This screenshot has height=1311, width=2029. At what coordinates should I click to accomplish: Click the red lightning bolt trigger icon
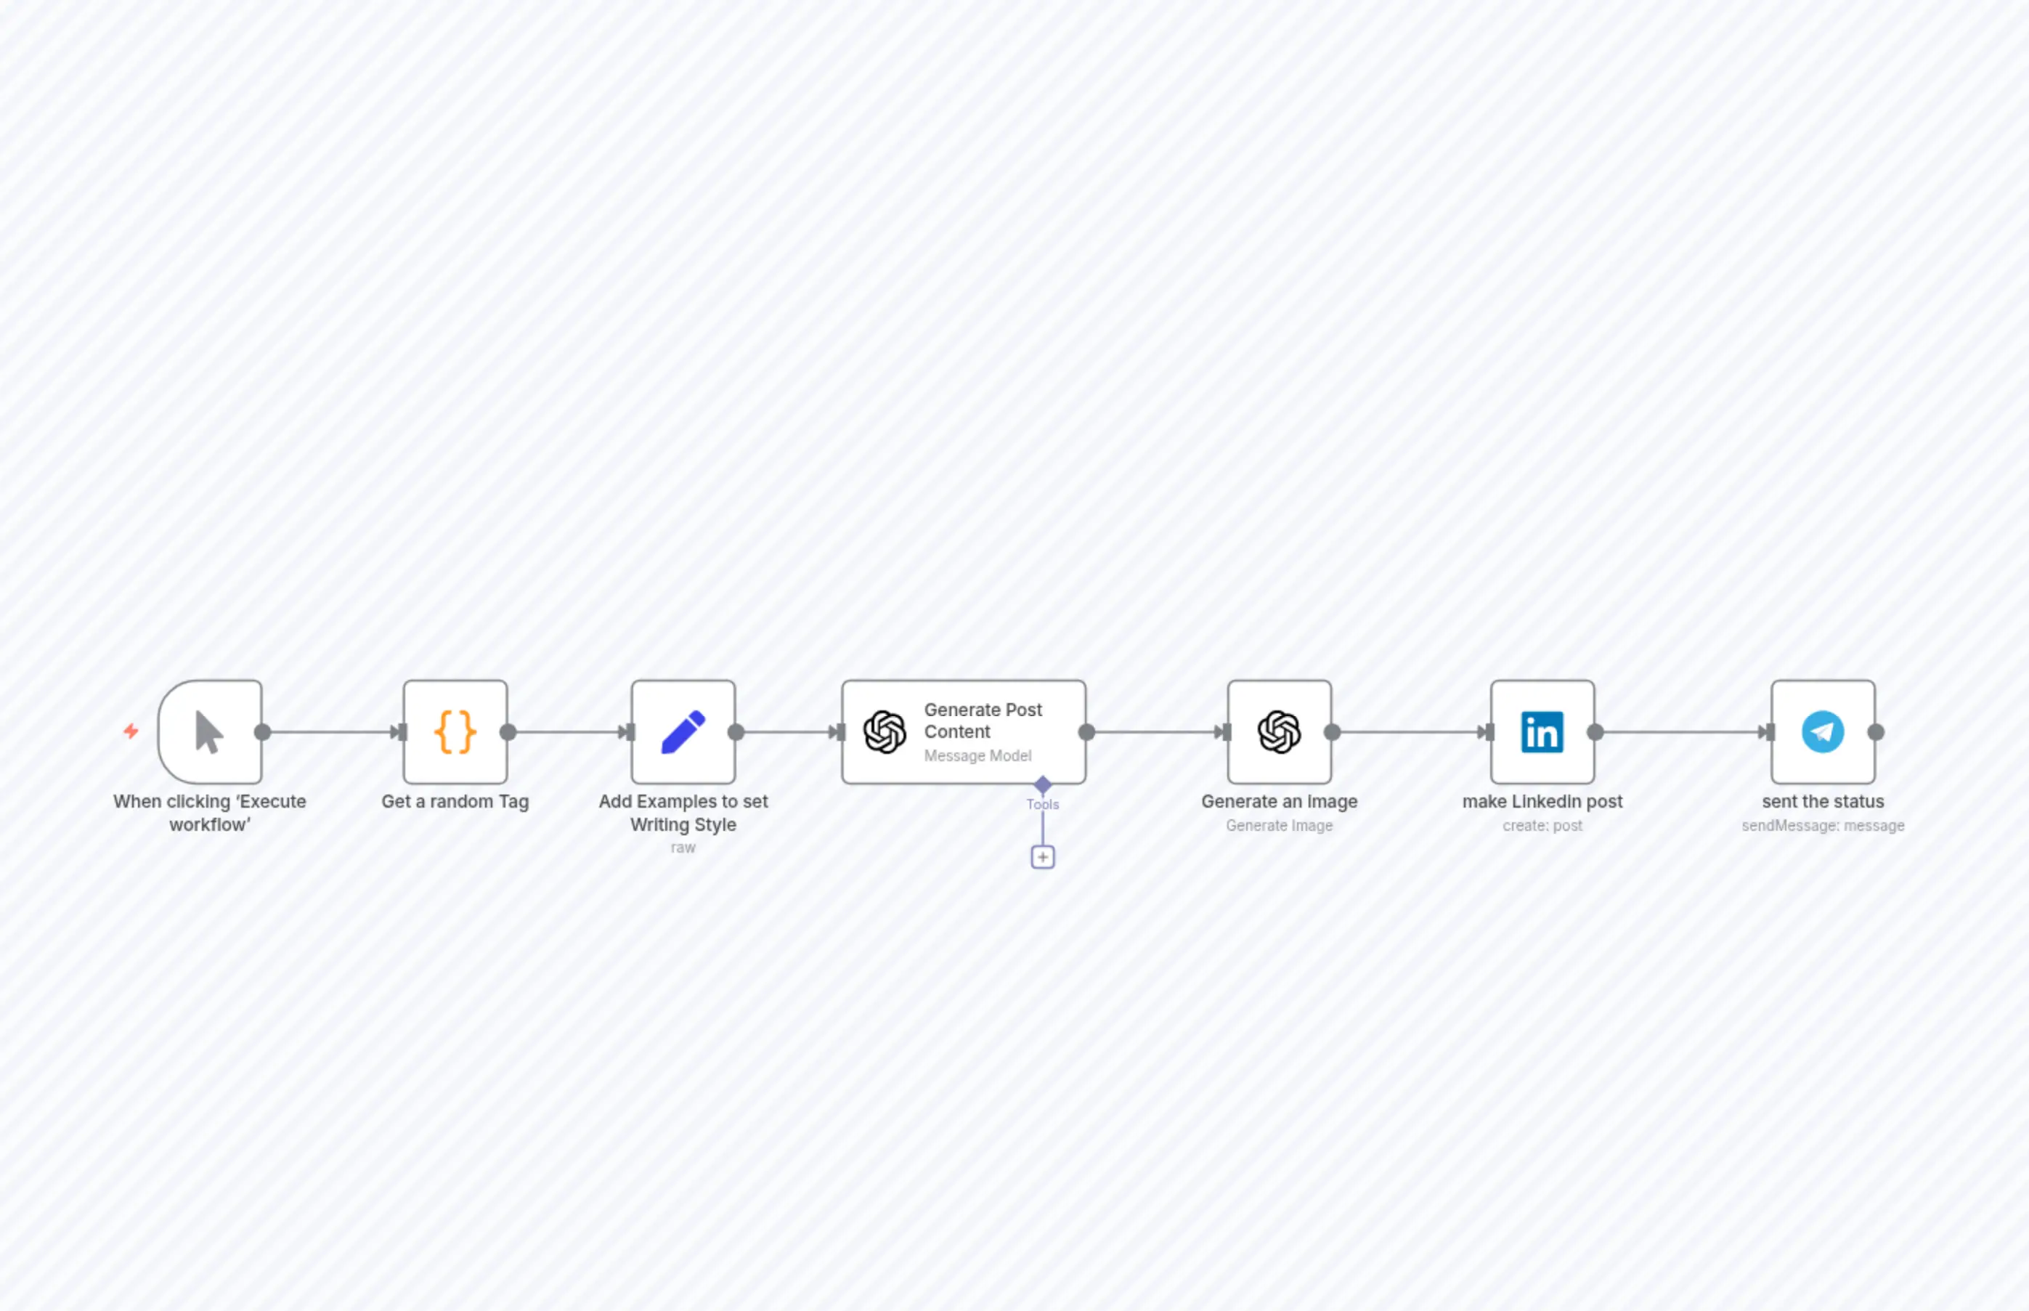pyautogui.click(x=131, y=731)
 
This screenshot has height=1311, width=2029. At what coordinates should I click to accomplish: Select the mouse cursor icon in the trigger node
pyautogui.click(x=208, y=732)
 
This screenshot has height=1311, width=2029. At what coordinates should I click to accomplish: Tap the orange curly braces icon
pyautogui.click(x=455, y=732)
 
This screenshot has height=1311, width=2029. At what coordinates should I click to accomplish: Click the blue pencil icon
pyautogui.click(x=683, y=732)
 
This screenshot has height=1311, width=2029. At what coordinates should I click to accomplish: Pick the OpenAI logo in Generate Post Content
pyautogui.click(x=885, y=732)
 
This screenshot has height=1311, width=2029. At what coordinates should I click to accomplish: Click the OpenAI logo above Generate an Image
pyautogui.click(x=1279, y=732)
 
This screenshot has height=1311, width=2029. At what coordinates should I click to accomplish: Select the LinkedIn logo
pyautogui.click(x=1542, y=732)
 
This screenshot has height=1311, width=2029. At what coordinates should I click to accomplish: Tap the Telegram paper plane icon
pyautogui.click(x=1823, y=732)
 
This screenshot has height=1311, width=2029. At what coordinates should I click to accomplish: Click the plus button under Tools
pyautogui.click(x=1043, y=857)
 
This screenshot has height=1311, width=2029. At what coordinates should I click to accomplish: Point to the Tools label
pyautogui.click(x=1043, y=805)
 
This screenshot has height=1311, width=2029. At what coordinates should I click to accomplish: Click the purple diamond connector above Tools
pyautogui.click(x=1043, y=784)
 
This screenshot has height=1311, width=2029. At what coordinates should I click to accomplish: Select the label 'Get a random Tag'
pyautogui.click(x=455, y=802)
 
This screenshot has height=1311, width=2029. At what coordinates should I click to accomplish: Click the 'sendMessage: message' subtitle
pyautogui.click(x=1823, y=826)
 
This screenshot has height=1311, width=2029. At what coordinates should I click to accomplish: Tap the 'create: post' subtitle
pyautogui.click(x=1542, y=826)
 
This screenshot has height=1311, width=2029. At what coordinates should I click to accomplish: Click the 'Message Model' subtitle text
pyautogui.click(x=978, y=756)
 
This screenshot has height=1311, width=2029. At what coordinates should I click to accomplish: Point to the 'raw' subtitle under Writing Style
pyautogui.click(x=683, y=848)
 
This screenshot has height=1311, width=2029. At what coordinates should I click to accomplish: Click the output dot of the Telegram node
pyautogui.click(x=1876, y=732)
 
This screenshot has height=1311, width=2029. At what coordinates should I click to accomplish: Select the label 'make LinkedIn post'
pyautogui.click(x=1542, y=802)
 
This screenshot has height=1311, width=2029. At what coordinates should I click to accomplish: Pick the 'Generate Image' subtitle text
pyautogui.click(x=1279, y=826)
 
